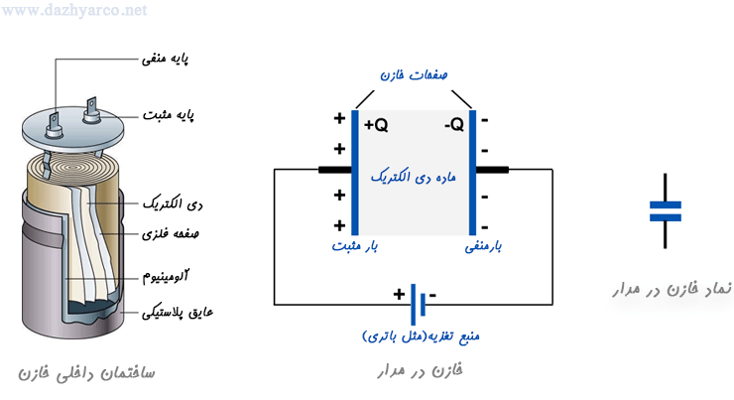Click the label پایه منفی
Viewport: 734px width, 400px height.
tap(168, 59)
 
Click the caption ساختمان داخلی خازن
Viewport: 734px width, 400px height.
tap(88, 374)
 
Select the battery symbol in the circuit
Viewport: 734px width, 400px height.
tap(418, 297)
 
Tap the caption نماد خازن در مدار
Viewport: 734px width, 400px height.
tap(668, 289)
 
